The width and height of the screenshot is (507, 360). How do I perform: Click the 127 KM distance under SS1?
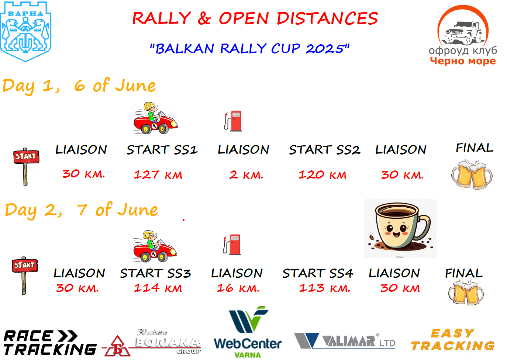coord(158,175)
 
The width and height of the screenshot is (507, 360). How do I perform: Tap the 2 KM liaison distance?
coord(246,175)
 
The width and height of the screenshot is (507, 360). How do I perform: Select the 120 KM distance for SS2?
coord(322,175)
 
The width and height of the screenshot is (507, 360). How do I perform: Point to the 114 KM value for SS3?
coord(158,288)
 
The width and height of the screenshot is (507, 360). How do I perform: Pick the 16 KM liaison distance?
coord(238,288)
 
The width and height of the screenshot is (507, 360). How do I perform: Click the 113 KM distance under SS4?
coord(325,288)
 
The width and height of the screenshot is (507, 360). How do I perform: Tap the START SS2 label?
coord(325,150)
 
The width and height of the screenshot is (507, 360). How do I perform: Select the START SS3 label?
coord(155,273)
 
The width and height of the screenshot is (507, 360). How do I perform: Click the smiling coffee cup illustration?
coord(400,228)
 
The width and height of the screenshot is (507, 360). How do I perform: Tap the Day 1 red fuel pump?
coord(233,121)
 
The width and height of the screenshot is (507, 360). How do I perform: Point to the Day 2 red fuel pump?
coord(232,245)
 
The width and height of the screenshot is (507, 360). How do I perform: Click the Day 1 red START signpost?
coord(26,167)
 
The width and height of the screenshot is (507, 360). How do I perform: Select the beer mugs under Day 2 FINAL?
coord(466,293)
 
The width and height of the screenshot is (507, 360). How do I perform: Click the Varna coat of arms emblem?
coord(25,31)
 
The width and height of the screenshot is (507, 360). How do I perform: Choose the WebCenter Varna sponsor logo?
coord(248,332)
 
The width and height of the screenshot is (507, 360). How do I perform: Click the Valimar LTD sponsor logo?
coord(345,341)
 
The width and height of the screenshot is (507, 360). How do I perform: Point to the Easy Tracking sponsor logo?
coord(453,340)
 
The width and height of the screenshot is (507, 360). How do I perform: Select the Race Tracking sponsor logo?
coord(50,342)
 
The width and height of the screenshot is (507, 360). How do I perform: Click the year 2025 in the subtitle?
coord(325,49)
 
